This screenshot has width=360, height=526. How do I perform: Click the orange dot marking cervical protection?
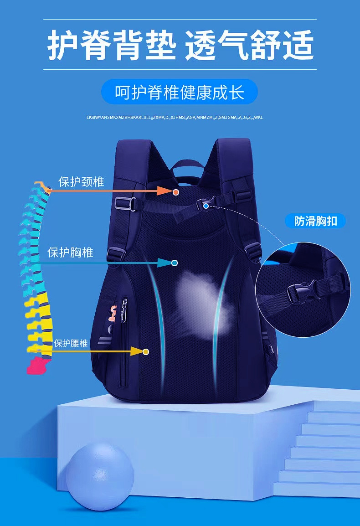(x=176, y=192)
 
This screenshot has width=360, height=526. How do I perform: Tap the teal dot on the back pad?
(x=174, y=263)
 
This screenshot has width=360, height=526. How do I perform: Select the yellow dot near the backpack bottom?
(x=146, y=351)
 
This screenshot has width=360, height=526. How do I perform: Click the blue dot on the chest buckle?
(x=206, y=206)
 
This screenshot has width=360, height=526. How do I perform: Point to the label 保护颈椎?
(x=81, y=182)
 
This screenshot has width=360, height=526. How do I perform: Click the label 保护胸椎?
(x=71, y=252)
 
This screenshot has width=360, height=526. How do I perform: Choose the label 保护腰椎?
(x=71, y=343)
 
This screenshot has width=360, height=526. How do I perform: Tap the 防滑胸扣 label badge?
(x=315, y=222)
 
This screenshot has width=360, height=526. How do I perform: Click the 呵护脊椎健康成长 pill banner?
(x=180, y=92)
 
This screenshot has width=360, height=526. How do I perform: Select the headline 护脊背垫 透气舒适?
(x=180, y=46)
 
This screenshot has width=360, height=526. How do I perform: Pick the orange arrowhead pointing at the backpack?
(x=164, y=191)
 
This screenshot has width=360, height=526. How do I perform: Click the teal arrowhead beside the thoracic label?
(x=163, y=263)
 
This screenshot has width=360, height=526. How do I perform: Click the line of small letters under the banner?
(x=175, y=118)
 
